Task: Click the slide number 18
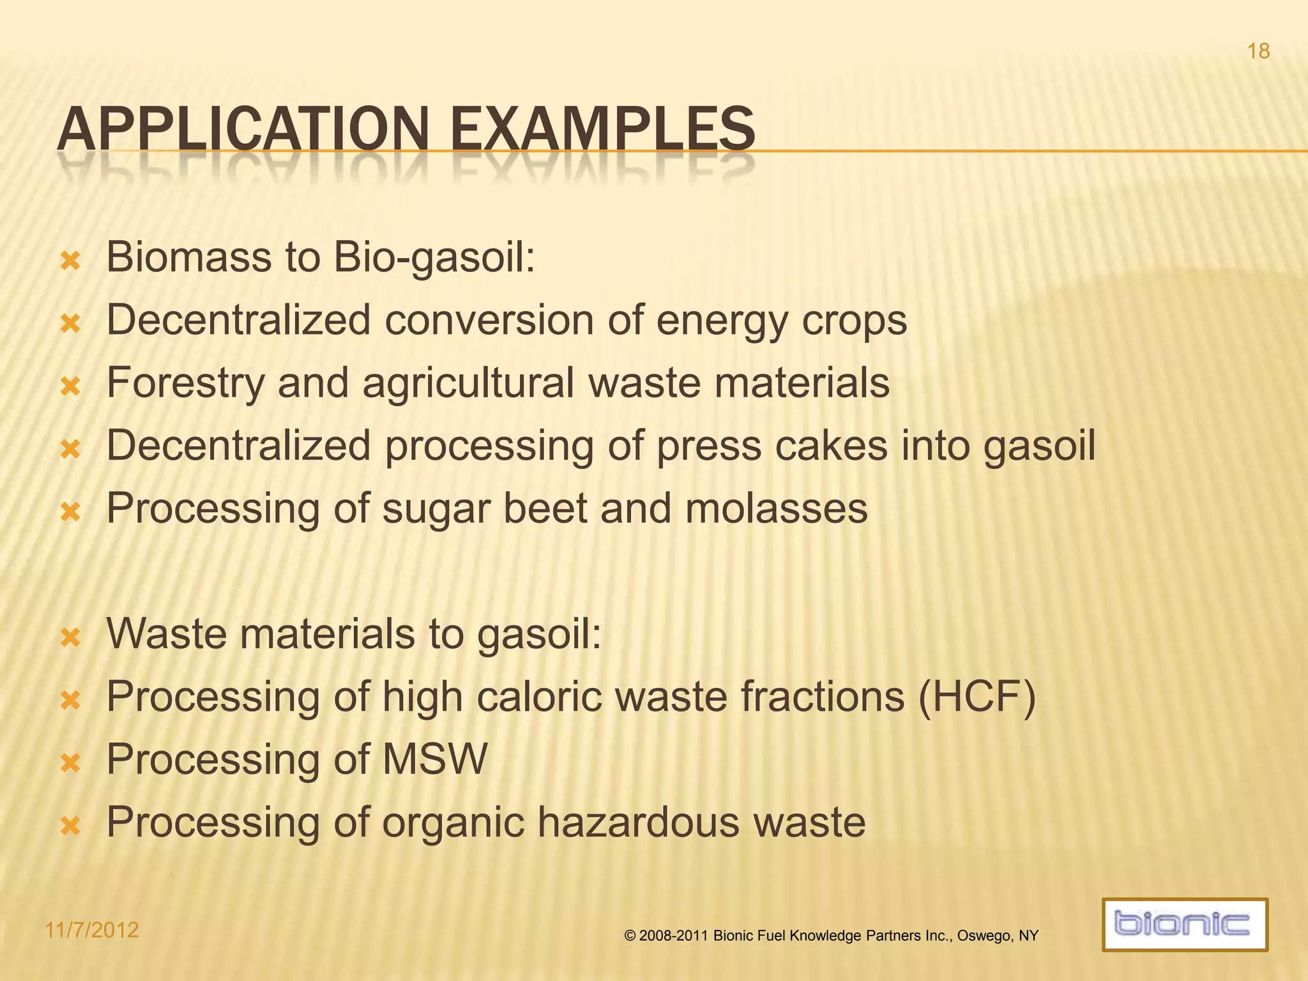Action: tap(1258, 51)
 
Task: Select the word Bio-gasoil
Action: tap(434, 258)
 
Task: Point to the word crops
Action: tap(854, 321)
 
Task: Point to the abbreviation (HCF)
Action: tap(977, 697)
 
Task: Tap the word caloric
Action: tap(539, 697)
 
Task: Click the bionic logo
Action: tap(1185, 924)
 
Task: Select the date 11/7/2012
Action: tap(92, 930)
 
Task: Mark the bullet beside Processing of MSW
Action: tap(70, 763)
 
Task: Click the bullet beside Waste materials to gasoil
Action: tap(70, 637)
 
